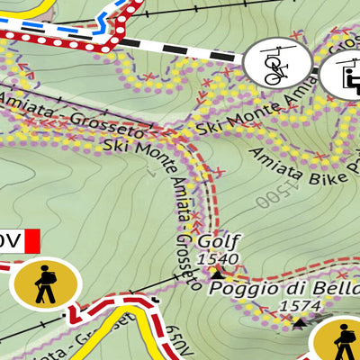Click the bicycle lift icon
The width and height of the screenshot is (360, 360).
(x=277, y=62)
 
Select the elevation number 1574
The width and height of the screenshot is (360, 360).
(x=300, y=306)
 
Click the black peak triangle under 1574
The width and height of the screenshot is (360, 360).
(x=299, y=319)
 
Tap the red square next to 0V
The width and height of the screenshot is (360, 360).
(x=32, y=241)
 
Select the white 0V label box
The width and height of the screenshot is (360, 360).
(x=10, y=241)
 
